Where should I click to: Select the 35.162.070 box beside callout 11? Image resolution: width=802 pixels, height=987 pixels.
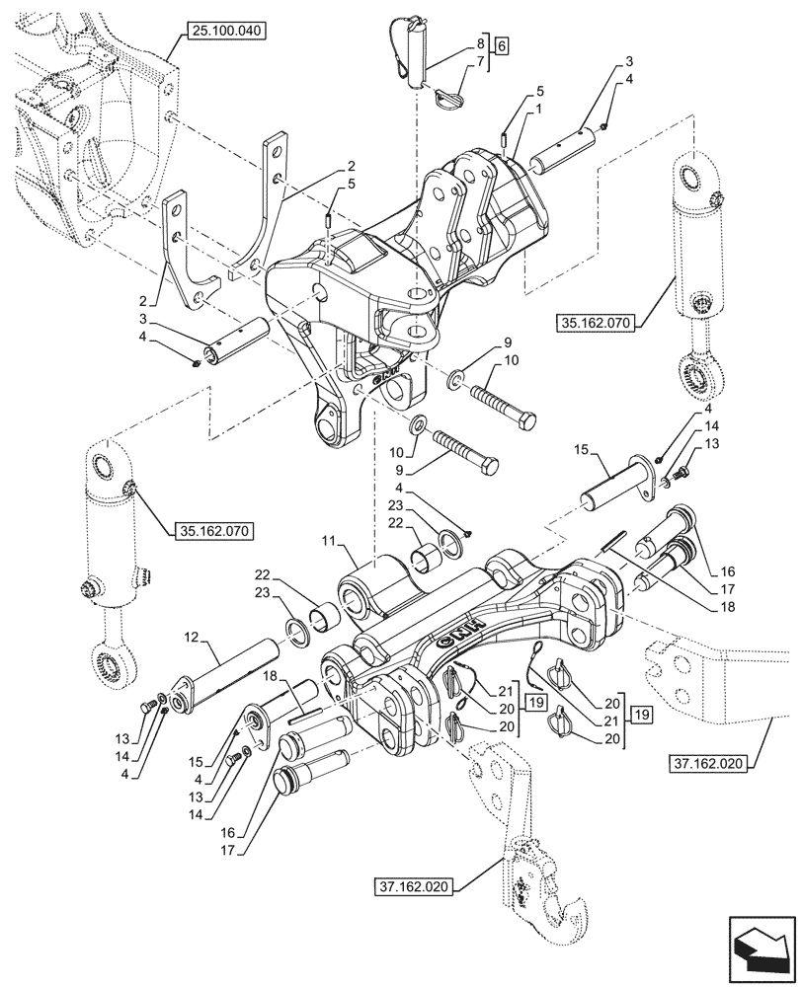[214, 532]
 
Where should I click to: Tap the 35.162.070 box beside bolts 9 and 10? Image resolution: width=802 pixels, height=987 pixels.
[599, 321]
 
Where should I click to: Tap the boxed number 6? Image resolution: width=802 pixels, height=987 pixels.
[502, 46]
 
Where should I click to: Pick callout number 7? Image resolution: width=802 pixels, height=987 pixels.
[481, 62]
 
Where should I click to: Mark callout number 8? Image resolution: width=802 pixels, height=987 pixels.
[481, 44]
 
